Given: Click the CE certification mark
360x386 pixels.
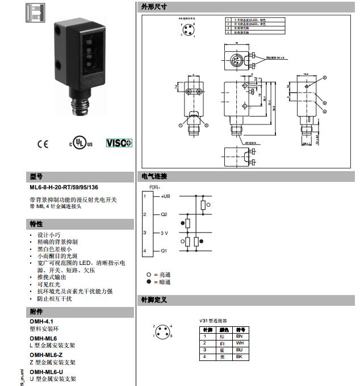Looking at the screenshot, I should click(x=43, y=144).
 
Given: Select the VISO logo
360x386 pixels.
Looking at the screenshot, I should click(x=119, y=143).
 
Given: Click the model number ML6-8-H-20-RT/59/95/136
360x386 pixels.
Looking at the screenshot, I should click(x=64, y=186).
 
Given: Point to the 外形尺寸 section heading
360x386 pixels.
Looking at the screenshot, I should click(x=154, y=6).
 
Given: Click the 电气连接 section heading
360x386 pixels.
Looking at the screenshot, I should click(x=154, y=176).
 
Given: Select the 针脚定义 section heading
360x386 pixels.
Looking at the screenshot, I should click(x=154, y=300).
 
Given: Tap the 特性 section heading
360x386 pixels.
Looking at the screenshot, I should click(x=36, y=224).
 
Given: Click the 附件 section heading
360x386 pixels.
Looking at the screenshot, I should click(x=36, y=312).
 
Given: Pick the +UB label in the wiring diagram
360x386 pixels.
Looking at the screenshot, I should click(x=165, y=196).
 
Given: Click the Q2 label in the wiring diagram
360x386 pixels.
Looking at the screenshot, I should click(x=164, y=214).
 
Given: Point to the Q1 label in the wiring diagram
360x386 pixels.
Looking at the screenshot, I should click(x=164, y=251).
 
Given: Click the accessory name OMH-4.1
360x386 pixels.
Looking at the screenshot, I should click(x=41, y=321).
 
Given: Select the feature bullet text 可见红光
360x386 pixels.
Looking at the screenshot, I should click(x=47, y=284).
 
